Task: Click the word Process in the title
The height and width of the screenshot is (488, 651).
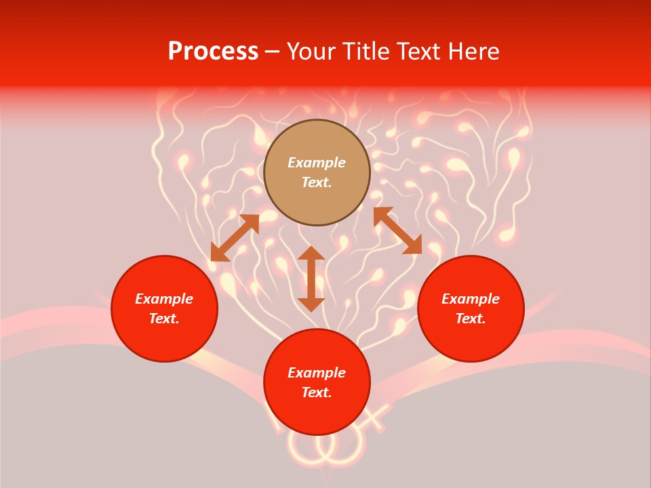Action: [x=213, y=52]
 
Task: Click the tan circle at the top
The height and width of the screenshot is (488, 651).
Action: [x=317, y=173]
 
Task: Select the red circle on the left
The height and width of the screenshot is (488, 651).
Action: [x=164, y=308]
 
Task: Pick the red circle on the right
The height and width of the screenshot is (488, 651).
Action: [x=471, y=308]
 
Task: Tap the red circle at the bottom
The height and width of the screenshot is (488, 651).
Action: [x=317, y=382]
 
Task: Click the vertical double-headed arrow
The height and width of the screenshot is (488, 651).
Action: [x=311, y=279]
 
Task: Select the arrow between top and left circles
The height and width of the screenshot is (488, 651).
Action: [x=235, y=238]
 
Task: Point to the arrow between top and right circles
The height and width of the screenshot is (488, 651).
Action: [x=397, y=230]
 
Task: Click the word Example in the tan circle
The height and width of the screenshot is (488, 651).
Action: [x=317, y=163]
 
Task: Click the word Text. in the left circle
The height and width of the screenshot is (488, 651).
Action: [x=164, y=319]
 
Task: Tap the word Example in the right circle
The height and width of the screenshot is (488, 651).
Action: [x=471, y=299]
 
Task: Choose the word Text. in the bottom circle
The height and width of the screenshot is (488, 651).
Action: [x=317, y=392]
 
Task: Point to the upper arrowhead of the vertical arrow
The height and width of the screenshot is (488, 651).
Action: [x=311, y=253]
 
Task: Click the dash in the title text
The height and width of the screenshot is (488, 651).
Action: [x=272, y=52]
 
